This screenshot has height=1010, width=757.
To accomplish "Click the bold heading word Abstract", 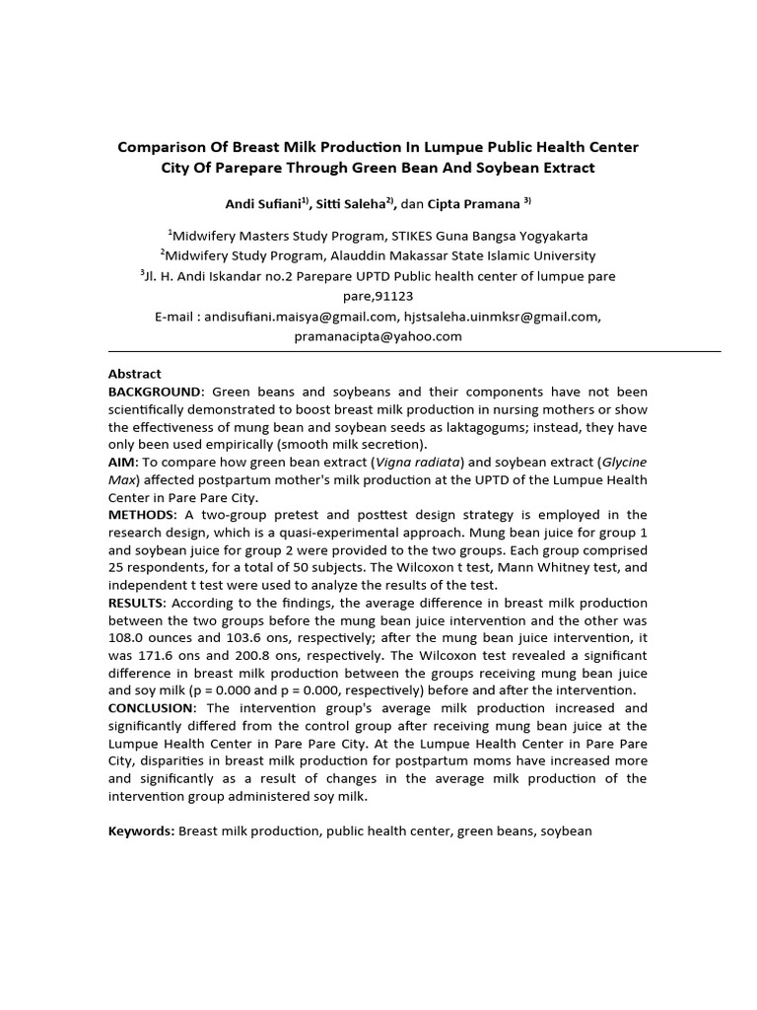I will pos(134,374).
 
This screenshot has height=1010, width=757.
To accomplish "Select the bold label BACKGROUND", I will pos(156,391).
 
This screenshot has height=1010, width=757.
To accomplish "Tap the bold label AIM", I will pos(122,462).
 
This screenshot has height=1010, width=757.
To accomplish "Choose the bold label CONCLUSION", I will pos(152,708).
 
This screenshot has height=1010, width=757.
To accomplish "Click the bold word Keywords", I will pos(141,830).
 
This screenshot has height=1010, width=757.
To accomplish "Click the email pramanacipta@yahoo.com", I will pos(378,336).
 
